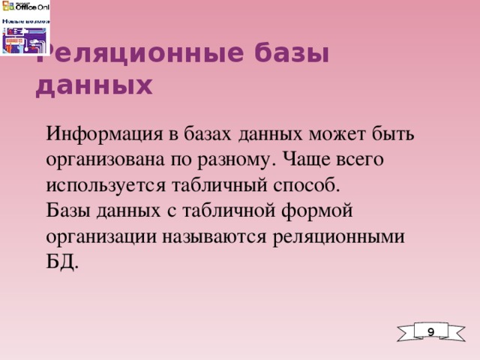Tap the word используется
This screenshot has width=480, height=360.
[x=101, y=185]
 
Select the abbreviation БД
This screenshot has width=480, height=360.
[x=61, y=262]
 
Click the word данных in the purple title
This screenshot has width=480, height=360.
[x=94, y=86]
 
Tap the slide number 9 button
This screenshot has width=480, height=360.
[x=430, y=331]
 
